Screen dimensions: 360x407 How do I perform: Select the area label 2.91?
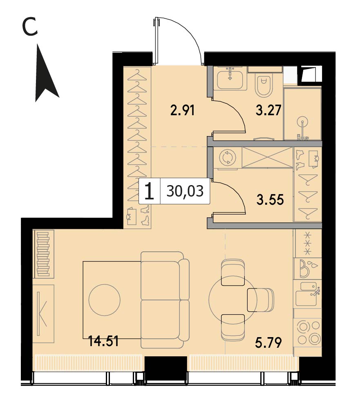tap(183, 111)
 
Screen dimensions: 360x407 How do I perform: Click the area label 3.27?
tap(268, 110)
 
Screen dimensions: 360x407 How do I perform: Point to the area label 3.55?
tap(270, 199)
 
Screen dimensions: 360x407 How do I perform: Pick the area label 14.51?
tap(103, 341)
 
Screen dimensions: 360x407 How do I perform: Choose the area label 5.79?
tap(268, 342)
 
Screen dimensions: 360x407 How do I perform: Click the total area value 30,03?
tap(185, 191)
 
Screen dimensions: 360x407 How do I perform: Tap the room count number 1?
tap(149, 191)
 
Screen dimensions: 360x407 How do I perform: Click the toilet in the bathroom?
tap(264, 84)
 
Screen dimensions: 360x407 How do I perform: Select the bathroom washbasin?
tap(230, 78)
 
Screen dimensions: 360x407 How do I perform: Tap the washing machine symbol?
tap(227, 158)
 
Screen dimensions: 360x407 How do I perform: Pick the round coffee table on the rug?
tap(104, 300)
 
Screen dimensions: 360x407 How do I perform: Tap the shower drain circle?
tap(302, 121)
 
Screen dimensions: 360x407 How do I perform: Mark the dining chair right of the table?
tap(260, 300)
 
